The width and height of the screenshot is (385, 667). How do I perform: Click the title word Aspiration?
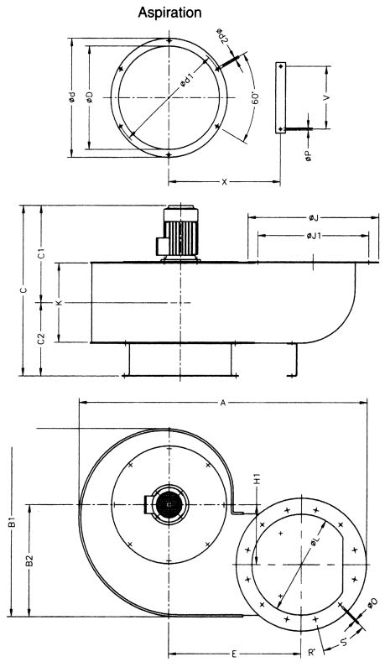click(x=169, y=13)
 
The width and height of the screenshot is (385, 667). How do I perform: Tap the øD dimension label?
click(x=90, y=97)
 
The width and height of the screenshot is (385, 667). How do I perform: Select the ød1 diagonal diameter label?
click(x=187, y=79)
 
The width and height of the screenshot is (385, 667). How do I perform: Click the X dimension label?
click(x=225, y=182)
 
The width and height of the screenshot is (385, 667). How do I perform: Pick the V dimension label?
click(x=327, y=97)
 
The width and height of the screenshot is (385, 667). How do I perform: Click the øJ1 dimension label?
click(x=314, y=235)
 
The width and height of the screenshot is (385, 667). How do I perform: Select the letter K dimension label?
click(x=60, y=302)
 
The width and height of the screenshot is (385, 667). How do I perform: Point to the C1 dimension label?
click(x=41, y=253)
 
